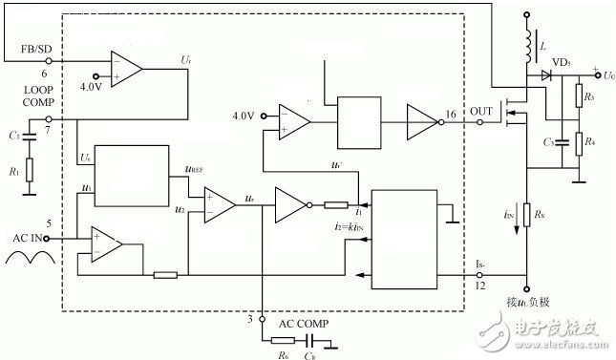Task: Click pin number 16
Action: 452,113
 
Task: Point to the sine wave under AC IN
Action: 29,260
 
